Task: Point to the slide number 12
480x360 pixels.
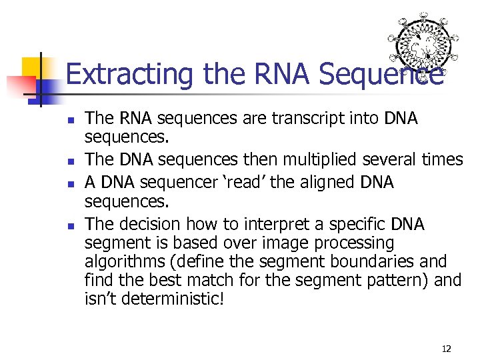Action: coord(446,348)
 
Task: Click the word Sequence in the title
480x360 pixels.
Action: coord(380,74)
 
